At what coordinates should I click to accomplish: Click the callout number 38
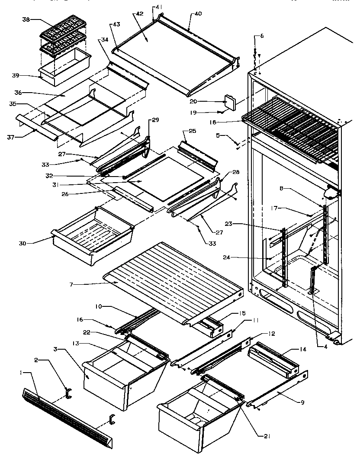pyautogui.click(x=26, y=19)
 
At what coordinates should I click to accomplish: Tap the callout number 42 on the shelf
pyautogui.click(x=139, y=14)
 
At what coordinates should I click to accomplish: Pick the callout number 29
pyautogui.click(x=155, y=120)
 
